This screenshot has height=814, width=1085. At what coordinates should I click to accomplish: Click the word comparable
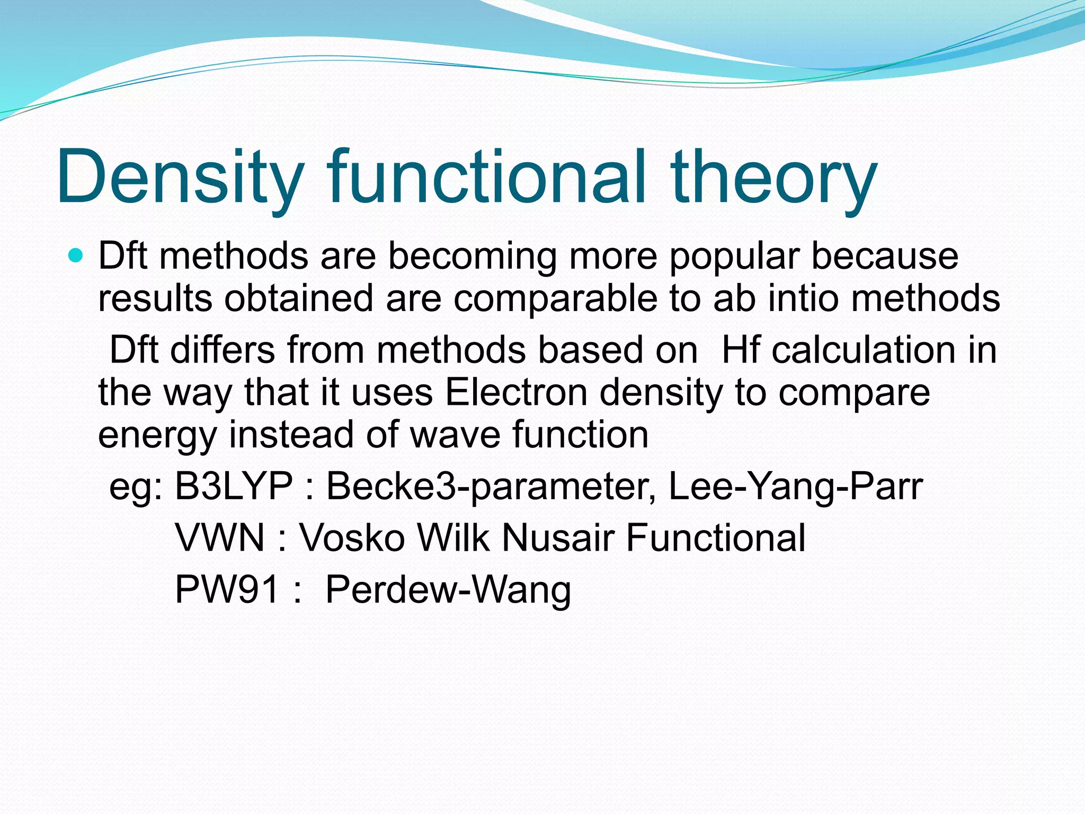(555, 299)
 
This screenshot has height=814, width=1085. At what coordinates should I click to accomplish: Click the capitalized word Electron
(516, 392)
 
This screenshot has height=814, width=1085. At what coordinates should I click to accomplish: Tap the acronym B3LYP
(234, 485)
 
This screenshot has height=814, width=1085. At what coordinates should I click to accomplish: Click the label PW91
(227, 589)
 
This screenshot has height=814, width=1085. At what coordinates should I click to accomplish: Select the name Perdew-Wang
(448, 590)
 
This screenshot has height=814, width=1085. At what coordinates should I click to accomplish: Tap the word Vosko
(352, 537)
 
